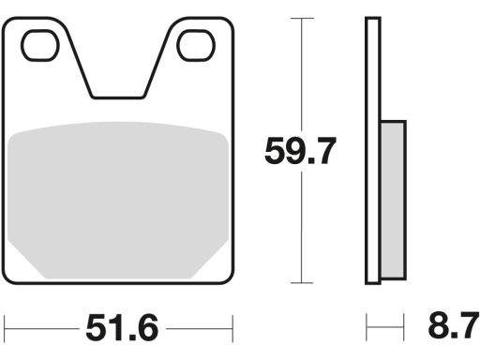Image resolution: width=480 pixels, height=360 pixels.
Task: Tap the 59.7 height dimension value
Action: click(300, 151)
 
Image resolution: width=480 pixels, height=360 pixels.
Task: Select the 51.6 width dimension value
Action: click(122, 328)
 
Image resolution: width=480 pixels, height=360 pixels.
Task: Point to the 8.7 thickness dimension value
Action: click(454, 326)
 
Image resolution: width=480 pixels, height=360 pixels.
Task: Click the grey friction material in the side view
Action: click(394, 200)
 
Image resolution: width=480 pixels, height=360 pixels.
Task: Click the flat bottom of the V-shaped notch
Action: click(118, 97)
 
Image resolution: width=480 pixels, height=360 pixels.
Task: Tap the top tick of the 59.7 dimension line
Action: click(302, 19)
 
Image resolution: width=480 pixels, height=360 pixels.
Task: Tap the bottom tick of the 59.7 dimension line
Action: click(302, 283)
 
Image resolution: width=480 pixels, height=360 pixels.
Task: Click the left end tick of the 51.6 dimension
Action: click(5, 328)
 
